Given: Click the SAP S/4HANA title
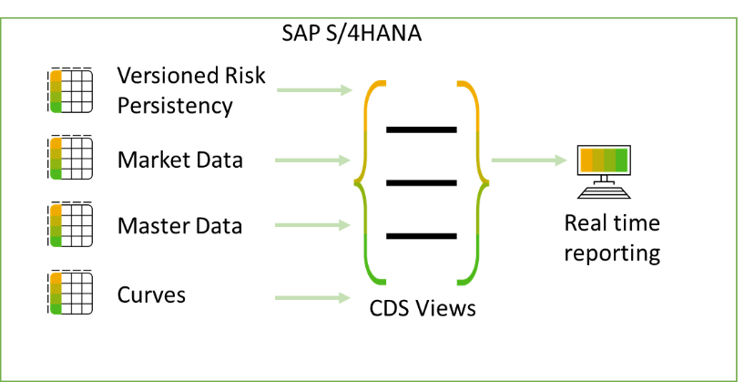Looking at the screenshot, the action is pos(352,34).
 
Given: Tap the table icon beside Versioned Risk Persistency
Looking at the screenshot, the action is pos(70,90).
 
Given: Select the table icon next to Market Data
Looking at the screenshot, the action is pos(70,157).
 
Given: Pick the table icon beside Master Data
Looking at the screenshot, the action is pos(70,224).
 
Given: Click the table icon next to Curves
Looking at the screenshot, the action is pos(70,293).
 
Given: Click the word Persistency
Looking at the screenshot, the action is pos(175,106).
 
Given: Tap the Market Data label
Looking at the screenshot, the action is pos(179,160).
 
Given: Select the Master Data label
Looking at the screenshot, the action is pos(179,225).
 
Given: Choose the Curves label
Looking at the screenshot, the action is pos(151,295).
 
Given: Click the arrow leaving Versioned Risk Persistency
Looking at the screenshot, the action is pos(314,89).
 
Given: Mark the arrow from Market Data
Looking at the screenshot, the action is pos(312,160).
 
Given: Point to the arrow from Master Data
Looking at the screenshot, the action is pos(312,225).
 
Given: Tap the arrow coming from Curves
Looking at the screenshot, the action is pos(312,298).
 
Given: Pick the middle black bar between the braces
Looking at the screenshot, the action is pos(422,183).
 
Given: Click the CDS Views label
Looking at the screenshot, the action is pos(423,308).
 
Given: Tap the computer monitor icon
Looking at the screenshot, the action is pos(604,171).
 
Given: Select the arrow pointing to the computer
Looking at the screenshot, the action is pos(529,160).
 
